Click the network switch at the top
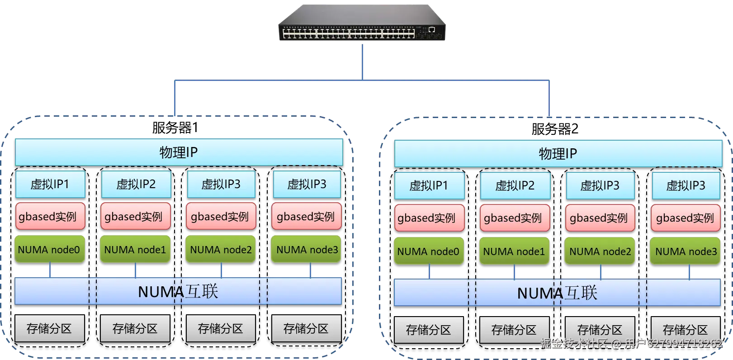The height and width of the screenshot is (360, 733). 362,22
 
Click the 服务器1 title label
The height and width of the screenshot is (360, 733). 175,128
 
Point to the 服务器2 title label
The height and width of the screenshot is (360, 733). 555,129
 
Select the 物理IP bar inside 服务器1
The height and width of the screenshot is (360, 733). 179,152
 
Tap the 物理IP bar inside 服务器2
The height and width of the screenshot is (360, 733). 558,154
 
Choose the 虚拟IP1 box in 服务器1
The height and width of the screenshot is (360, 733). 50,184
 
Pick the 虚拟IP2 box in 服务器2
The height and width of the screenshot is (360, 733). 515,185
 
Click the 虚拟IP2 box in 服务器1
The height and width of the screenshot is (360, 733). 136,184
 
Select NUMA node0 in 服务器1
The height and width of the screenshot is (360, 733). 49,249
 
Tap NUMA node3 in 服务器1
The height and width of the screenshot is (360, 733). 307,249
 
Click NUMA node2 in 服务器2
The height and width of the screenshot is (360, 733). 600,251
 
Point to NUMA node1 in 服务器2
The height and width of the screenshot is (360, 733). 514,251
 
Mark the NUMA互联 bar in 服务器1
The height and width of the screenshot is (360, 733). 178,291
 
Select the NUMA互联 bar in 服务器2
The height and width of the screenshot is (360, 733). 557,293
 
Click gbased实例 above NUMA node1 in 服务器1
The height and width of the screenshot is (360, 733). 136,216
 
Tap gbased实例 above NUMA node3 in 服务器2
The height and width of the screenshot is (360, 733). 686,218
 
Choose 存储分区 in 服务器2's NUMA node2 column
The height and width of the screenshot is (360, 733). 600,330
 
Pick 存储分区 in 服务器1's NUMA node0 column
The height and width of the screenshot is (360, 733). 49,328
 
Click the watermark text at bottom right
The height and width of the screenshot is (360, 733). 632,344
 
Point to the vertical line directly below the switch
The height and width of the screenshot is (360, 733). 362,62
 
